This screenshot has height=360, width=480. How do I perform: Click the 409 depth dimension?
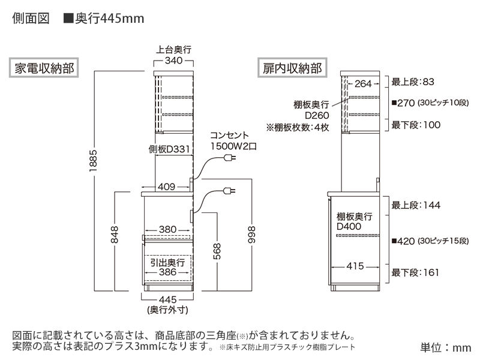(x=167, y=187)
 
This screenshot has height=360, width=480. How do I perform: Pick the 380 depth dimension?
(x=167, y=230)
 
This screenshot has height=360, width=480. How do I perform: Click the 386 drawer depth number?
(x=167, y=272)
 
